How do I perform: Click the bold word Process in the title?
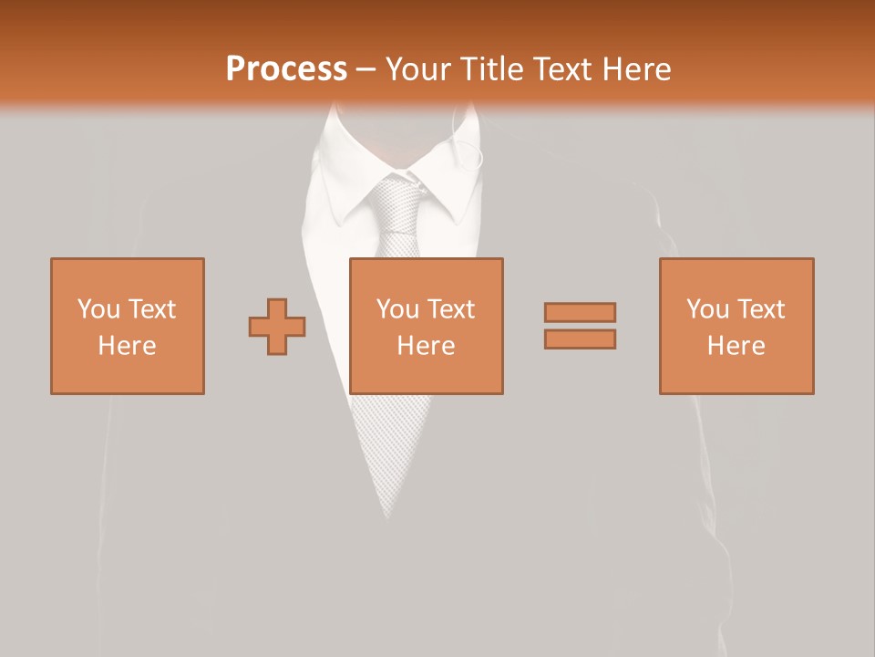tap(286, 69)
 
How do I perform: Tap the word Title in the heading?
tap(493, 69)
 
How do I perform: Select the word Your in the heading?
tap(420, 69)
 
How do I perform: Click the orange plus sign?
tap(277, 327)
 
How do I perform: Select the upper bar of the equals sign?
tap(580, 312)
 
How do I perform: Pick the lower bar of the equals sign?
tap(580, 339)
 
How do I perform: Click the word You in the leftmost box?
tap(98, 309)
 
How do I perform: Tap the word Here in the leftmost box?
tap(127, 346)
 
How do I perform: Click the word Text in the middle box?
tap(449, 309)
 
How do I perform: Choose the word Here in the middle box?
tap(426, 346)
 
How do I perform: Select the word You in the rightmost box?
tap(707, 309)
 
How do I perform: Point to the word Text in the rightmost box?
tap(759, 309)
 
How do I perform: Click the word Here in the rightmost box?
tap(736, 346)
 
